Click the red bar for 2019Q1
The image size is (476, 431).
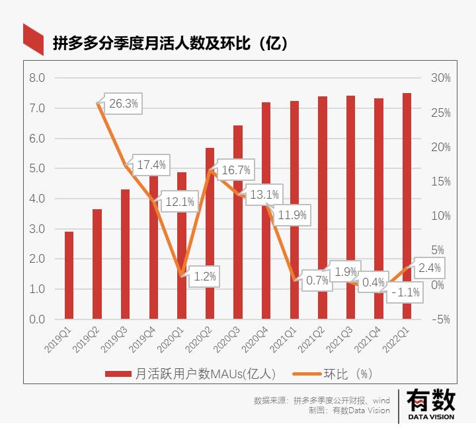pyautogui.click(x=69, y=275)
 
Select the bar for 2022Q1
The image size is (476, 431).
pyautogui.click(x=407, y=206)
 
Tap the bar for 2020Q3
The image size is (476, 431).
pyautogui.click(x=238, y=222)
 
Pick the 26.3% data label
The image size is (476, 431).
pyautogui.click(x=124, y=104)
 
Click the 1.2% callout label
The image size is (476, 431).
pyautogui.click(x=205, y=277)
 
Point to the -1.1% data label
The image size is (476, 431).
pyautogui.click(x=405, y=292)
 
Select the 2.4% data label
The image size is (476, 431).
pyautogui.click(x=429, y=268)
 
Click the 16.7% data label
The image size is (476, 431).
pyautogui.click(x=236, y=170)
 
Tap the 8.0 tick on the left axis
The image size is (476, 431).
pyautogui.click(x=38, y=78)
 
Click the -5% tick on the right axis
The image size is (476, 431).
pyautogui.click(x=440, y=319)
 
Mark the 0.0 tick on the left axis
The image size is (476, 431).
pyautogui.click(x=38, y=319)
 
